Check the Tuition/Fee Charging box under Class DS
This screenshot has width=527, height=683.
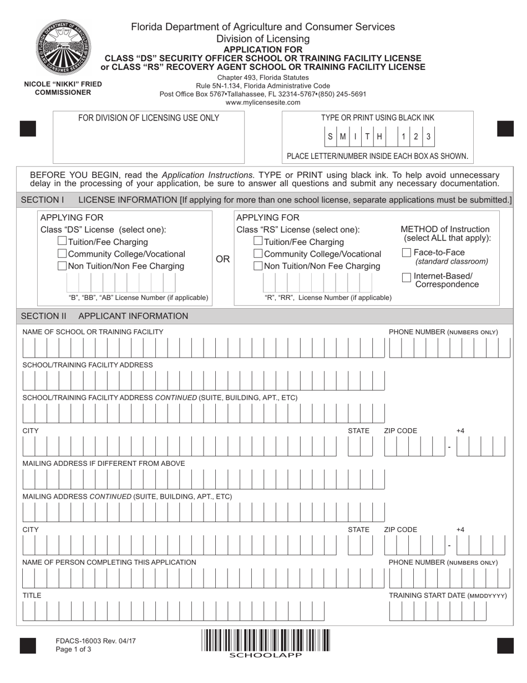(x=62, y=242)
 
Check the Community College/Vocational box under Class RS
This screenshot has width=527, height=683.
(x=258, y=254)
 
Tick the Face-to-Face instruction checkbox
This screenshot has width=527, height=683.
(x=407, y=253)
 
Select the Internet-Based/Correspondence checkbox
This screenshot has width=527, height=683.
(x=407, y=277)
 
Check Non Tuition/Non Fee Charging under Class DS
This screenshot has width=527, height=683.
(x=62, y=266)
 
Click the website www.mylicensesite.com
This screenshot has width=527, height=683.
(x=263, y=102)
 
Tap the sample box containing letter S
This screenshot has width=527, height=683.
(x=331, y=137)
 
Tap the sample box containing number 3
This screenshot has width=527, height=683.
(x=428, y=137)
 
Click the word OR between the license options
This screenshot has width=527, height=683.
(x=222, y=259)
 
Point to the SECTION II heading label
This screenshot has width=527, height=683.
(x=43, y=316)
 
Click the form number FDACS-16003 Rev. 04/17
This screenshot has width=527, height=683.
(x=95, y=641)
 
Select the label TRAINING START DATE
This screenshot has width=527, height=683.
(x=448, y=595)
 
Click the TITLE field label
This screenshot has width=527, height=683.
(x=32, y=595)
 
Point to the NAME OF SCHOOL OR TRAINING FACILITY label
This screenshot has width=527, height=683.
(x=93, y=332)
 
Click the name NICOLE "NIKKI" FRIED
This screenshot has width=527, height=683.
(x=63, y=84)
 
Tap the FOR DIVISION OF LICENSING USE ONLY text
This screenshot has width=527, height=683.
(x=148, y=118)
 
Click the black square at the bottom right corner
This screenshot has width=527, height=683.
(x=505, y=646)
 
